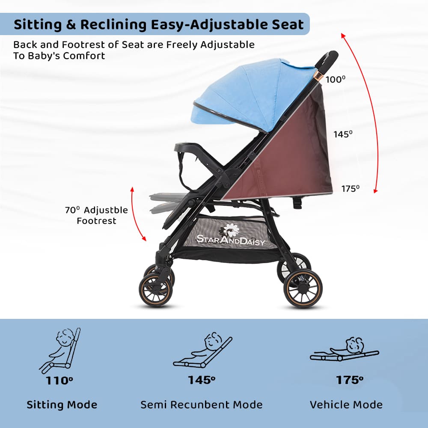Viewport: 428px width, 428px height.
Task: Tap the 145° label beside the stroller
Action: coord(343,134)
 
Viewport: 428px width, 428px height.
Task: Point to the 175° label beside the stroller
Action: coord(351,188)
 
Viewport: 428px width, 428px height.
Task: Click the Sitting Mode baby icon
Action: coord(61,351)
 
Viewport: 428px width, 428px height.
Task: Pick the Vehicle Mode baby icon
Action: coord(345,351)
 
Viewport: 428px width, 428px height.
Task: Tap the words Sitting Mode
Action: coord(62,404)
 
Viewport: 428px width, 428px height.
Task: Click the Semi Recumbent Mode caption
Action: coord(202,404)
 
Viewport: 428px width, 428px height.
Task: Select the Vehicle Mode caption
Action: coord(346,404)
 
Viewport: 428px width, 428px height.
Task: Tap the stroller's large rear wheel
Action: coord(303,288)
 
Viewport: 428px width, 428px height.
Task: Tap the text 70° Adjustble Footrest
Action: coord(96,215)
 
